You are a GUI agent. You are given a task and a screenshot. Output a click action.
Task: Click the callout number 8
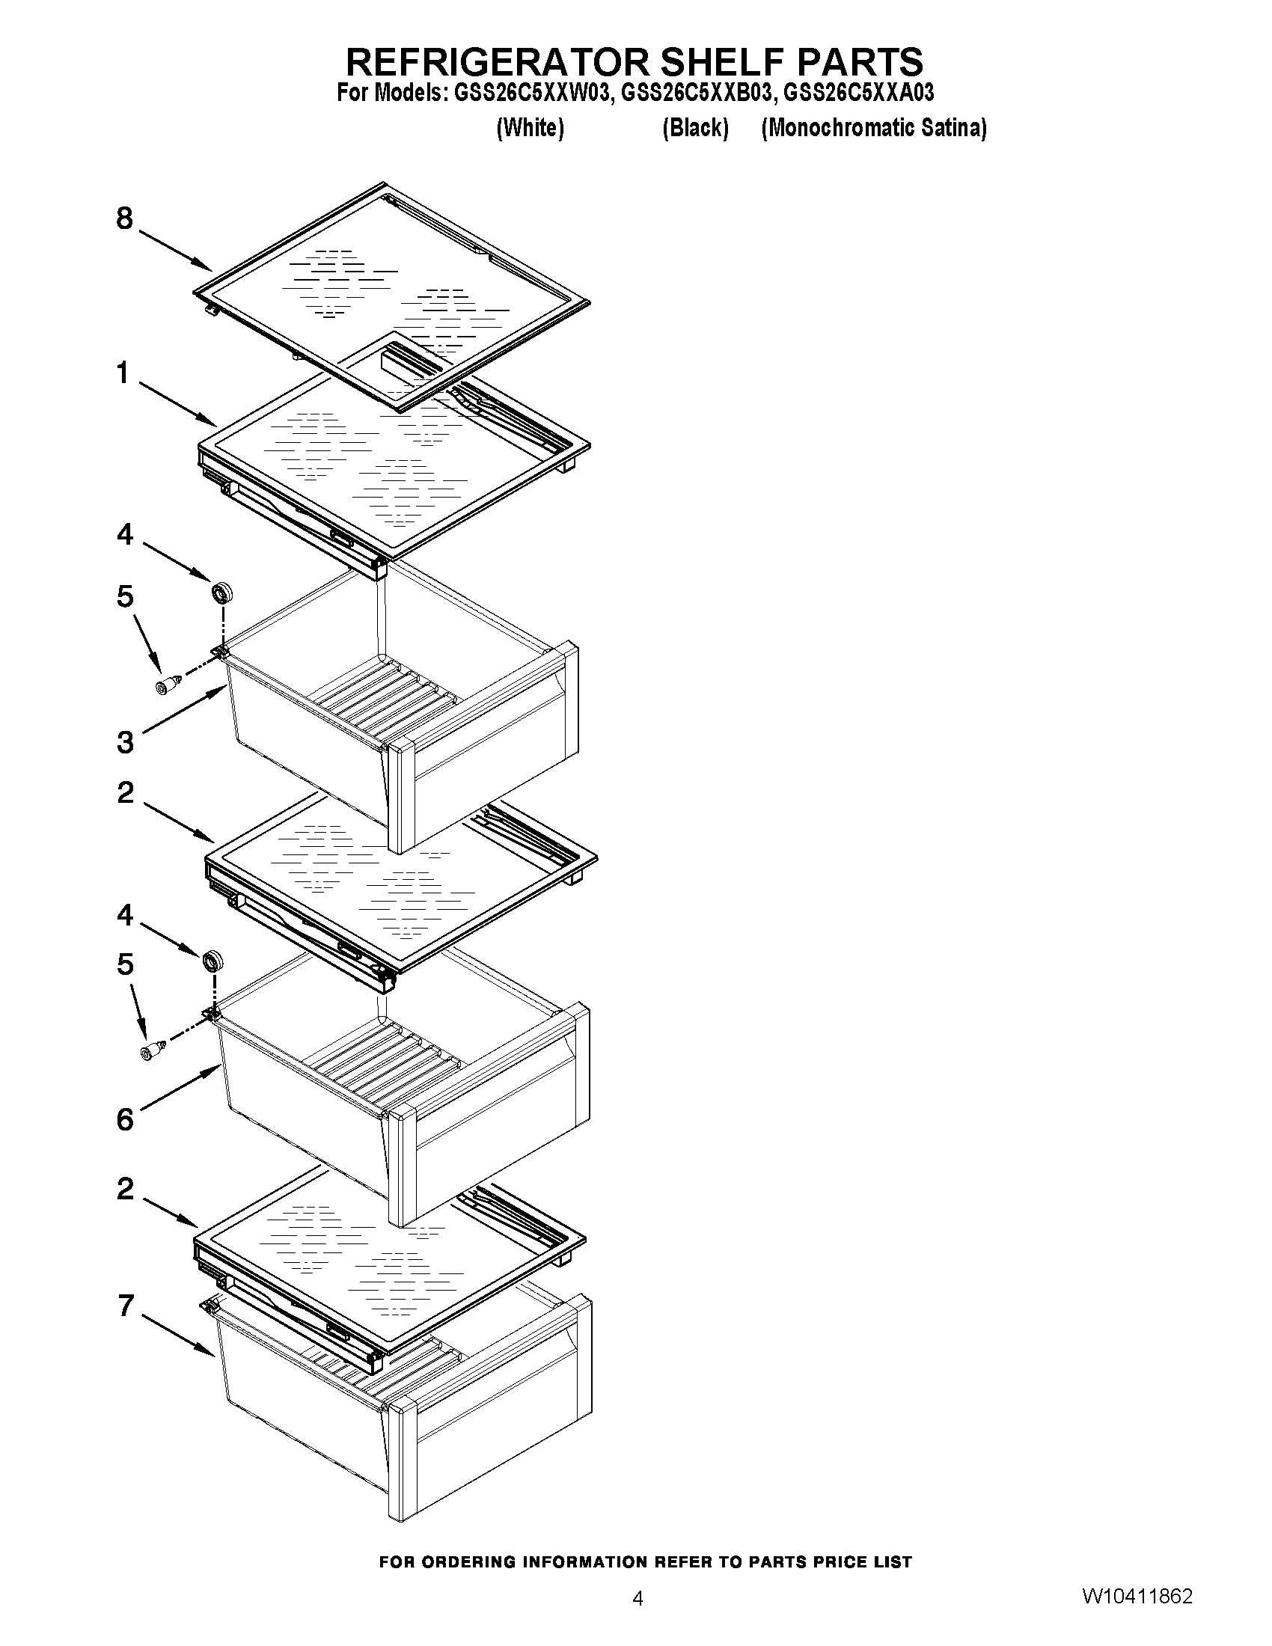point(124,218)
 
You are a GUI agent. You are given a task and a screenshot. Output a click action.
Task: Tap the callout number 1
point(123,373)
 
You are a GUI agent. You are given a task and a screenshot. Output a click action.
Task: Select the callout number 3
point(125,742)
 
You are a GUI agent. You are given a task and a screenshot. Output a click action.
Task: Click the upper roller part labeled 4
point(222,593)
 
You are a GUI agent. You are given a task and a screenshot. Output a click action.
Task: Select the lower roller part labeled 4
point(212,961)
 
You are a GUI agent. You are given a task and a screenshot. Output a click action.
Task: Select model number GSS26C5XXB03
point(697,93)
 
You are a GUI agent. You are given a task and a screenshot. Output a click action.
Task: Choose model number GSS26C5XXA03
point(858,93)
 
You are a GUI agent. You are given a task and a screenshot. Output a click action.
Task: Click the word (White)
point(530,128)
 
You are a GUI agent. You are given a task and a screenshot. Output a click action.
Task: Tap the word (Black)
point(695,128)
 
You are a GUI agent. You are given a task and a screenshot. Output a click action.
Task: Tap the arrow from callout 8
point(174,251)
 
